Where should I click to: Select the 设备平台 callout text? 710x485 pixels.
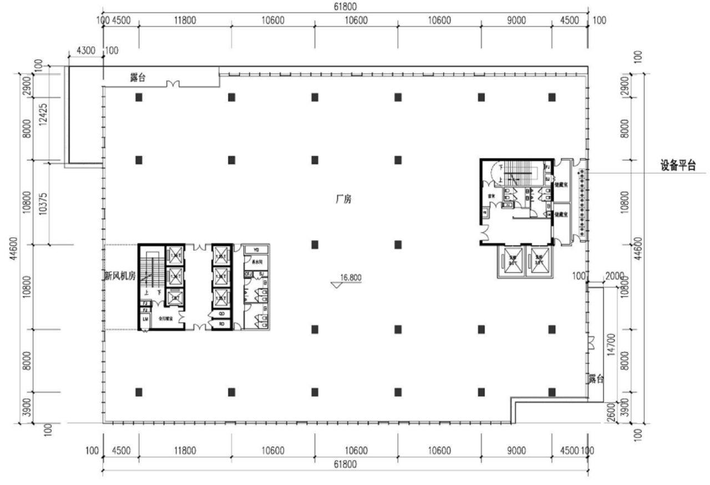click(x=677, y=166)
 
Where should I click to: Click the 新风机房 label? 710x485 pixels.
click(x=120, y=276)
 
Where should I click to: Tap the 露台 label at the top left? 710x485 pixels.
click(x=138, y=78)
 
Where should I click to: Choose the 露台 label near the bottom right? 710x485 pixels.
click(x=596, y=379)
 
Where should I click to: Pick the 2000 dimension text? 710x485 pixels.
click(x=615, y=276)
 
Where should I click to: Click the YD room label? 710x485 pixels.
click(x=256, y=250)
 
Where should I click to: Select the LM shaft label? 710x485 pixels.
click(x=145, y=319)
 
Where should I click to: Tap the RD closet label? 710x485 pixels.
click(x=221, y=324)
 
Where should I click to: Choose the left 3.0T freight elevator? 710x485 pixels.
click(x=513, y=260)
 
